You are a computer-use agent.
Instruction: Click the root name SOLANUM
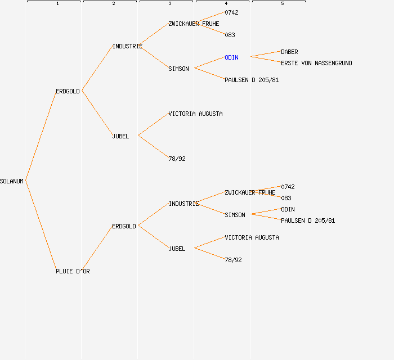12,181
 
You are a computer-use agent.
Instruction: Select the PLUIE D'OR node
73,271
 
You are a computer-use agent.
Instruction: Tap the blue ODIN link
231,57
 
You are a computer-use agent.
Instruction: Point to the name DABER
289,52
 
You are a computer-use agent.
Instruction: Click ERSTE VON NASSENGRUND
316,63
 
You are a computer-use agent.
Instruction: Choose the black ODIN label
288,209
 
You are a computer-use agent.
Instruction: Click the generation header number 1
57,4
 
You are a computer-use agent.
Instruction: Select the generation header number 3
170,4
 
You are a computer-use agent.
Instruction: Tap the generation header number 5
283,4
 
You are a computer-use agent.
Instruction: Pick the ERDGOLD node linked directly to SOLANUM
68,91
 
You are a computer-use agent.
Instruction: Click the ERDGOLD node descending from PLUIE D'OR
124,226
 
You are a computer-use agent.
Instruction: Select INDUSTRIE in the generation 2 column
127,46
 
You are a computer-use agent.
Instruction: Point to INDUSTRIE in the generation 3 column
183,204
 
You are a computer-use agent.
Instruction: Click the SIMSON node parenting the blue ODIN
178,69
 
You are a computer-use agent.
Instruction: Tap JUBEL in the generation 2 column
120,136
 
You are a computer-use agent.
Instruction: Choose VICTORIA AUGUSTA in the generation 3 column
195,114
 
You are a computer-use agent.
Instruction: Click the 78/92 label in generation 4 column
233,260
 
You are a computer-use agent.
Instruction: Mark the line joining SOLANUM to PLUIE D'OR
41,225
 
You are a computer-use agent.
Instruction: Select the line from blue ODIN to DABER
266,54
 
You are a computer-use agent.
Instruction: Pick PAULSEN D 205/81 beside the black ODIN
308,220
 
